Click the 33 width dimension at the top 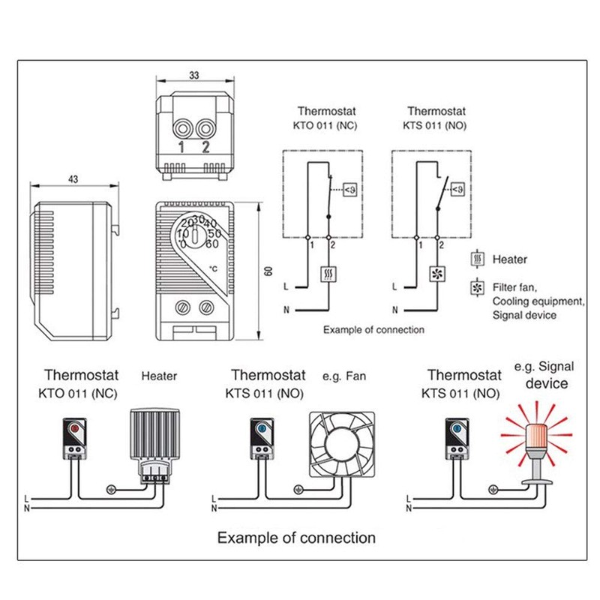(194, 75)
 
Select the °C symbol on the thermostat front (213, 268)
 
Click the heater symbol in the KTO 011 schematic (328, 274)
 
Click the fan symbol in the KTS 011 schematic (437, 274)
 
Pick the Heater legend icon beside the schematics (476, 260)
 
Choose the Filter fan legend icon (476, 287)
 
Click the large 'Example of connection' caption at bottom (296, 538)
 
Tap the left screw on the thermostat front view (184, 307)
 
